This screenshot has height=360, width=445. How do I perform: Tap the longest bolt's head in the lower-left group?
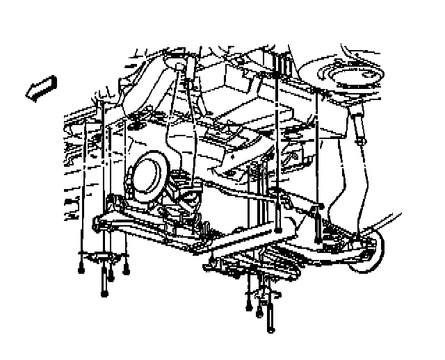point(104,293)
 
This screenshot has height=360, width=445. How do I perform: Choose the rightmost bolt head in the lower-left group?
point(126,270)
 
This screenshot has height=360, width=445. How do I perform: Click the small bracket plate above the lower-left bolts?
point(103,259)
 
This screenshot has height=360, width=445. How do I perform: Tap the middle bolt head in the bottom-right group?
point(259,311)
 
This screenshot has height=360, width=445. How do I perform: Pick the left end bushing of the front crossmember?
point(97,222)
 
